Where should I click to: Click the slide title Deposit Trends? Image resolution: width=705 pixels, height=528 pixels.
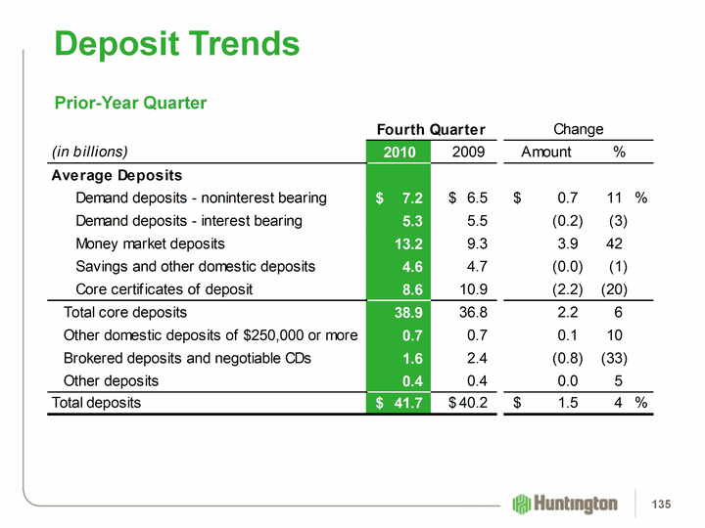click(x=177, y=43)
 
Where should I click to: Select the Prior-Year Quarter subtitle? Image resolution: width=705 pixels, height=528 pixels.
click(x=130, y=102)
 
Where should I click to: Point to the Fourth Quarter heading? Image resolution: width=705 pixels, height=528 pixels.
click(x=432, y=129)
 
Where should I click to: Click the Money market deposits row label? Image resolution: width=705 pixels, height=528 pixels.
click(x=150, y=243)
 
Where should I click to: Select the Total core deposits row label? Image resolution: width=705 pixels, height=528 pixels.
click(x=124, y=312)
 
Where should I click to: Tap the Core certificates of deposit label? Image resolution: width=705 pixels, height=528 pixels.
click(x=164, y=289)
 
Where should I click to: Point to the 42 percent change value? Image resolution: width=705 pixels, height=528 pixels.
click(x=615, y=243)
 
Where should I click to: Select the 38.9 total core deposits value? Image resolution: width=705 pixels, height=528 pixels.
click(x=407, y=312)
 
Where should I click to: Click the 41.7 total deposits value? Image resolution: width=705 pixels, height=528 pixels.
click(x=407, y=402)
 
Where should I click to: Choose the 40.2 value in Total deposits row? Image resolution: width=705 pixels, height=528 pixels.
click(x=468, y=402)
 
